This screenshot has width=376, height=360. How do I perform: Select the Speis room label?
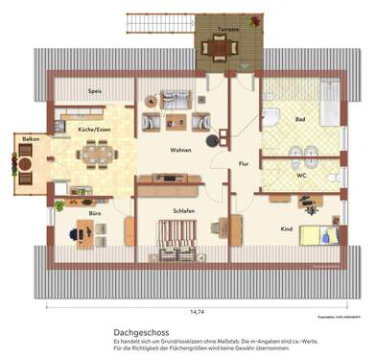(x=95, y=91)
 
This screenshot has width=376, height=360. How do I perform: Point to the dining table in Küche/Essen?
(x=95, y=152)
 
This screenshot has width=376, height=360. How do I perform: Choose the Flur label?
(x=244, y=164)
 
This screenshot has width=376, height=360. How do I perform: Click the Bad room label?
(x=299, y=120)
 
